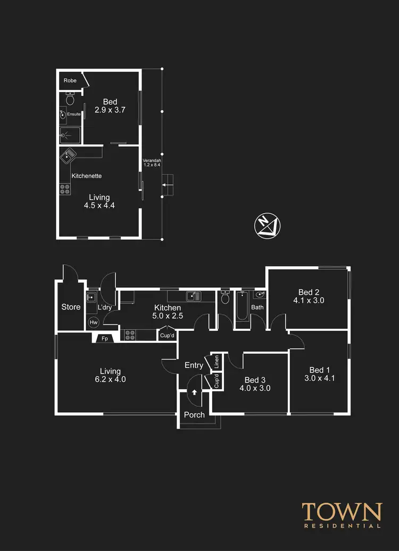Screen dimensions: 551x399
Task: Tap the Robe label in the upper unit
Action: point(70,80)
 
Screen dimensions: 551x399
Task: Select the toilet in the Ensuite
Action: point(70,99)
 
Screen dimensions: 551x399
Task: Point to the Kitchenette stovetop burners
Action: point(65,189)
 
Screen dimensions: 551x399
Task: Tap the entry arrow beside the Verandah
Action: point(167,185)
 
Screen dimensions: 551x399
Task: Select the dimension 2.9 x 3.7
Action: point(110,110)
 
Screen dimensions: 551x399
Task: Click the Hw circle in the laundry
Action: point(94,322)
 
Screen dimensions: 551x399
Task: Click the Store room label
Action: point(71,307)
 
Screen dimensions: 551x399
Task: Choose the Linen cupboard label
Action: point(217,362)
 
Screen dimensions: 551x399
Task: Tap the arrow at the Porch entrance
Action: point(194,393)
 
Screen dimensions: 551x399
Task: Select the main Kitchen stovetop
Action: point(130,335)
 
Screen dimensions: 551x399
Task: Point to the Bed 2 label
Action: point(309,292)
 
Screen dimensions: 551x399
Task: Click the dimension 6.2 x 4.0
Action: point(111,380)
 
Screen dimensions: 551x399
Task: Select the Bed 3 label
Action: point(255,380)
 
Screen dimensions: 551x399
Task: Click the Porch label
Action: point(194,415)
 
